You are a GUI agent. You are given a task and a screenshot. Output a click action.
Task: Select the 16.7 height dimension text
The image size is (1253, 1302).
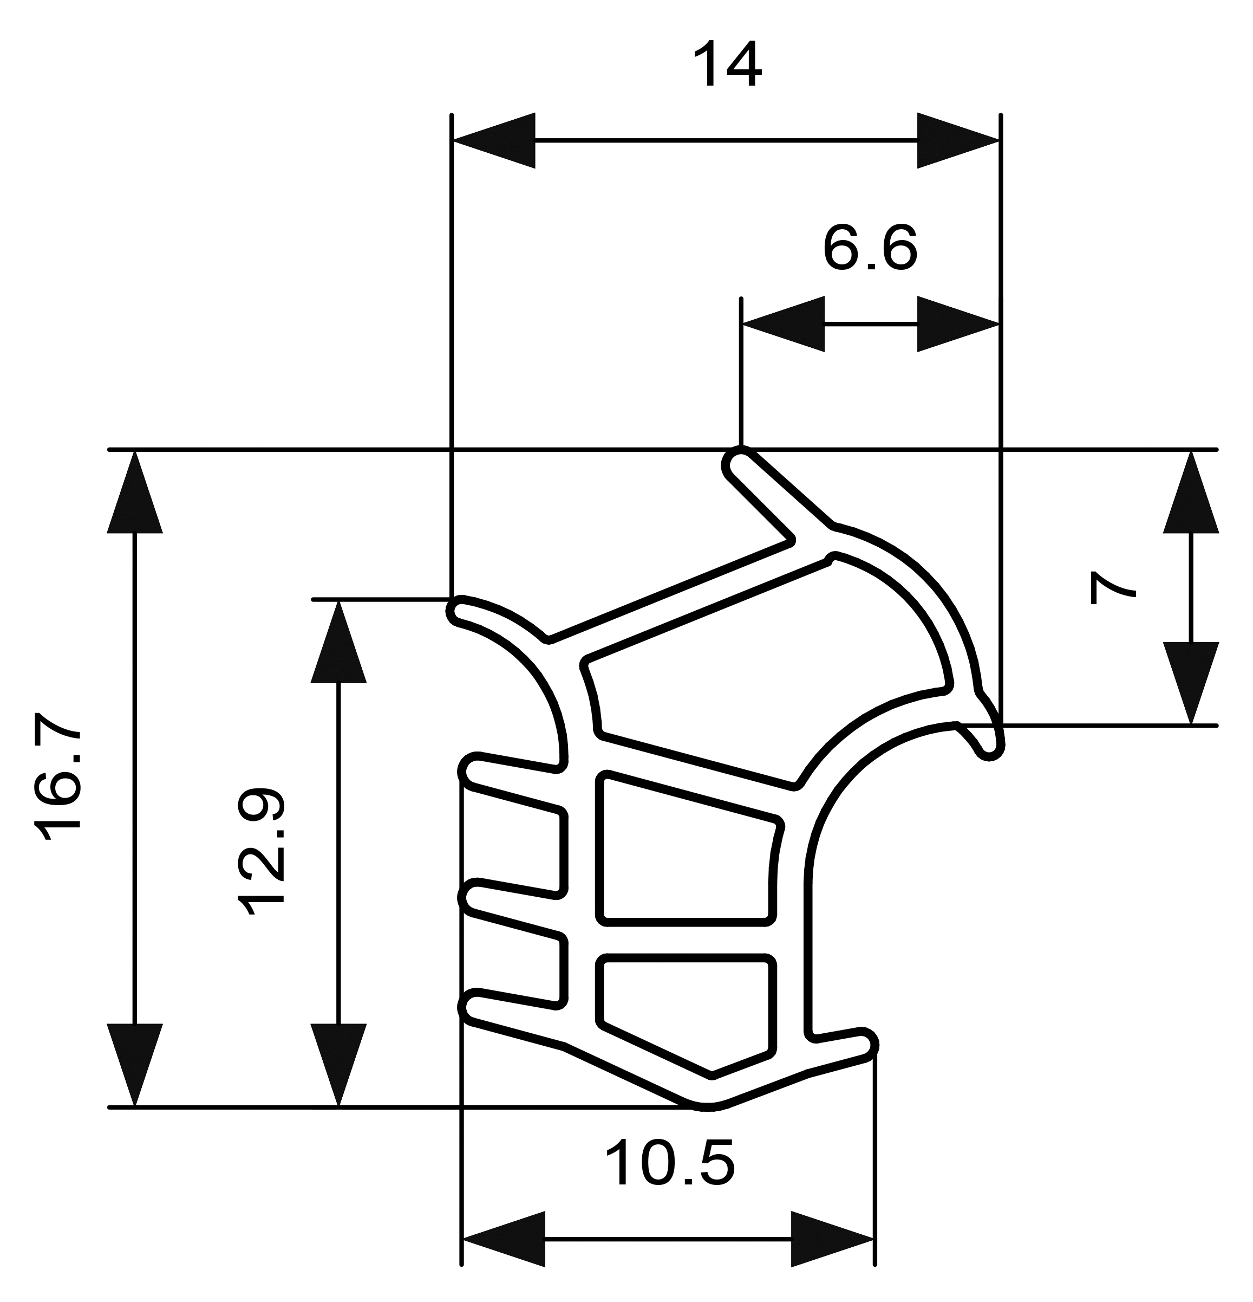pyautogui.click(x=58, y=778)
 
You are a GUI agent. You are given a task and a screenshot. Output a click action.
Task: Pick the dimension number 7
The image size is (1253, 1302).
pyautogui.click(x=1112, y=588)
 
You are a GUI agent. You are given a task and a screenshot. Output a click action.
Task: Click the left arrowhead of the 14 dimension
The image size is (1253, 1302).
pyautogui.click(x=493, y=140)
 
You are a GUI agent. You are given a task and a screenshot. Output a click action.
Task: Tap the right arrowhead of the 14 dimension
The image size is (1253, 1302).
pyautogui.click(x=958, y=140)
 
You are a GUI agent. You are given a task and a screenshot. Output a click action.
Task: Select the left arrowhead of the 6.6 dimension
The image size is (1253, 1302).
pyautogui.click(x=783, y=324)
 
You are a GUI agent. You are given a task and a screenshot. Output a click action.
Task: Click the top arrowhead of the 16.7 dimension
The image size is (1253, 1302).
pyautogui.click(x=135, y=491)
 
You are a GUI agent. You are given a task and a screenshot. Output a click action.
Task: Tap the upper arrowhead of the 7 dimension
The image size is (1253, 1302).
pyautogui.click(x=1191, y=491)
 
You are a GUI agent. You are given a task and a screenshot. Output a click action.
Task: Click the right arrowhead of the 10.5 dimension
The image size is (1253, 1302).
pyautogui.click(x=833, y=1239)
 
